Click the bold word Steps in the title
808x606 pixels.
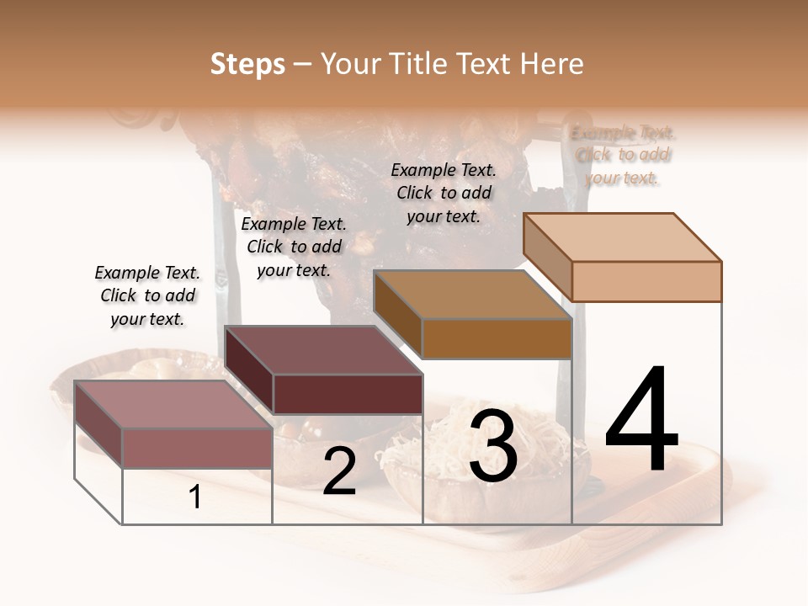click(247, 64)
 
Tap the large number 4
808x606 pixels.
click(641, 421)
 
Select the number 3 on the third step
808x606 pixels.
click(492, 446)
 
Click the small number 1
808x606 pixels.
click(195, 497)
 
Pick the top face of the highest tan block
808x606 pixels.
click(623, 237)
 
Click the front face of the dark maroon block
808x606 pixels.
click(348, 394)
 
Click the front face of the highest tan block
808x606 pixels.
click(646, 281)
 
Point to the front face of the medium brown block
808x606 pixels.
click(497, 338)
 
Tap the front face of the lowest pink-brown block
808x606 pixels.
click(197, 448)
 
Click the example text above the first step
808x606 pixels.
click(147, 295)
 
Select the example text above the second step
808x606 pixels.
click(294, 247)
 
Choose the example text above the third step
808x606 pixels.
click(444, 193)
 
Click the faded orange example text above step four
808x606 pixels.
click(622, 155)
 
